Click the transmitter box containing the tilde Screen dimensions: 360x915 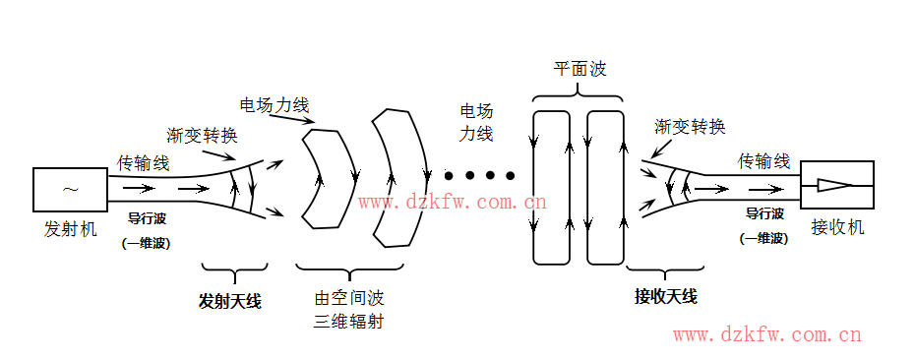[71, 189]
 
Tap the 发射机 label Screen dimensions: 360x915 [71, 229]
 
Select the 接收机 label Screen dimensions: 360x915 [837, 227]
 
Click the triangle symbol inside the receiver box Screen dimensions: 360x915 [832, 185]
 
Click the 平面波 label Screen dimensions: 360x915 [579, 70]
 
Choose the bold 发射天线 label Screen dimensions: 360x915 [229, 300]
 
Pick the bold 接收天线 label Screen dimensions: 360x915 [665, 296]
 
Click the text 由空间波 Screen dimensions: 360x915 [347, 299]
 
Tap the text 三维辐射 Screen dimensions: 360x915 [347, 322]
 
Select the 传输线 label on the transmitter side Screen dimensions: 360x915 [144, 162]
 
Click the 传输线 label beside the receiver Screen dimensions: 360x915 [764, 160]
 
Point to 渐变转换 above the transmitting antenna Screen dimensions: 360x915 [202, 135]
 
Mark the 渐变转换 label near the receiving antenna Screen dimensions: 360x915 [690, 127]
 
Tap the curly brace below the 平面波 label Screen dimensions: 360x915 [578, 94]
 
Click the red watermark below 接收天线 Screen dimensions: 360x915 [766, 335]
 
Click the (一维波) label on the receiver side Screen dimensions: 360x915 [763, 238]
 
